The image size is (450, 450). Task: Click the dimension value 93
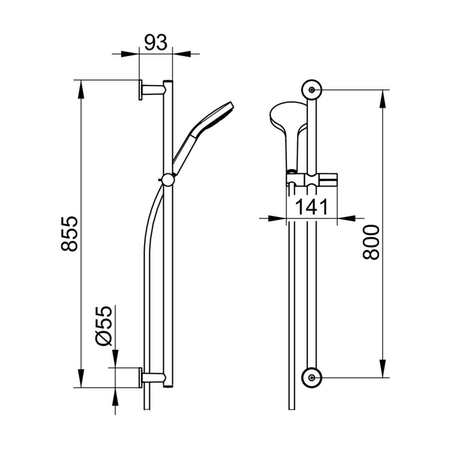coord(155,43)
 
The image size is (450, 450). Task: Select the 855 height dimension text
coord(70,234)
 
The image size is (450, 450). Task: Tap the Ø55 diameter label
coord(103,326)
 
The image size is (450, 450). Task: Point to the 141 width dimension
coord(311,207)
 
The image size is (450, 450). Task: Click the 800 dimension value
coord(371,242)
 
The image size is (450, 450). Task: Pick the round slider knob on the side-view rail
coord(167,180)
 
